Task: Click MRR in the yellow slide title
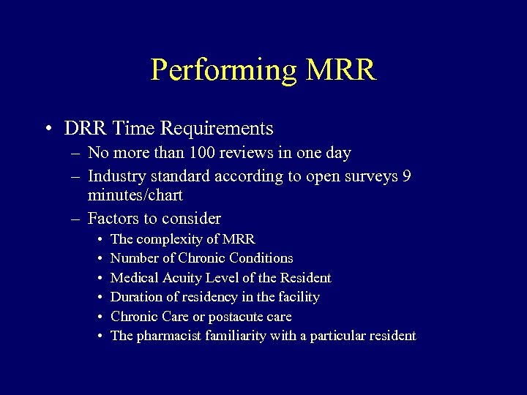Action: pyautogui.click(x=340, y=70)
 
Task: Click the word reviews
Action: pyautogui.click(x=243, y=153)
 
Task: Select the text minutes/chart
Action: pyautogui.click(x=135, y=196)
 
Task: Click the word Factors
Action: pyautogui.click(x=112, y=218)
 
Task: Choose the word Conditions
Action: pyautogui.click(x=261, y=258)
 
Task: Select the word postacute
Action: pyautogui.click(x=250, y=317)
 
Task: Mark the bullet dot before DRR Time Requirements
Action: pyautogui.click(x=47, y=129)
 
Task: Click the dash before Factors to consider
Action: pyautogui.click(x=75, y=219)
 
